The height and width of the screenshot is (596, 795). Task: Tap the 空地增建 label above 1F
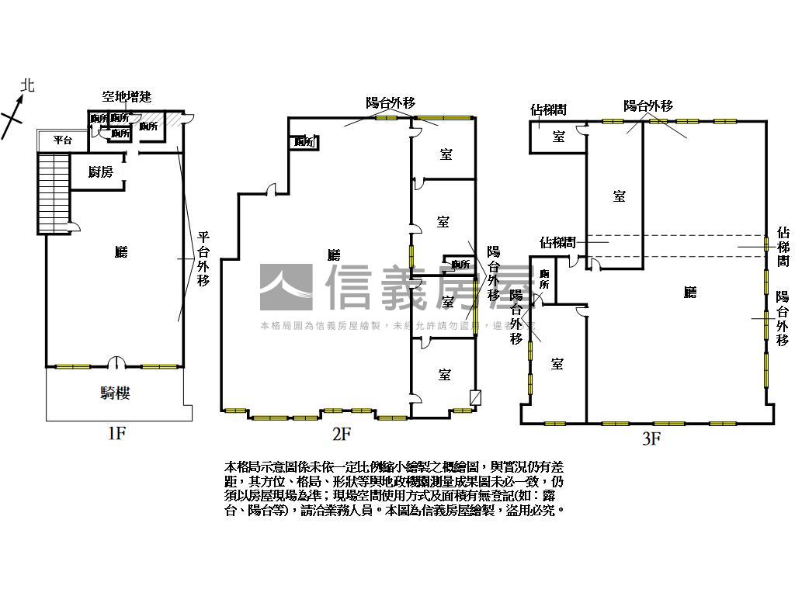[127, 97]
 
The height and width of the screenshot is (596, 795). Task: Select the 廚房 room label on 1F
[100, 172]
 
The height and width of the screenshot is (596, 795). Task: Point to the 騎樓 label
[115, 393]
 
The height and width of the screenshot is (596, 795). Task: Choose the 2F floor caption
[342, 433]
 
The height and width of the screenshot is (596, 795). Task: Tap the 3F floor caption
[651, 439]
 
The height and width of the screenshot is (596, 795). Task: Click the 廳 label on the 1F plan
[120, 251]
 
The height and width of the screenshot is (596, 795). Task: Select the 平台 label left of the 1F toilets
[63, 140]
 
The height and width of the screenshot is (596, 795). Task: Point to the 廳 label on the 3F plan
[689, 293]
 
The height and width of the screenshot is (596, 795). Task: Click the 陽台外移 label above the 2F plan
[391, 102]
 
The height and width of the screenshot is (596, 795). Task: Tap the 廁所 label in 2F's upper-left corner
[304, 142]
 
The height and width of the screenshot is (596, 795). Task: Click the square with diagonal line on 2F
[476, 397]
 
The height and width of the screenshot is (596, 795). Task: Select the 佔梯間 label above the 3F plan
[548, 110]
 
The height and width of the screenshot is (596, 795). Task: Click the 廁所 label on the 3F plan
[545, 279]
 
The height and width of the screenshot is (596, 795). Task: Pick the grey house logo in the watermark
[286, 288]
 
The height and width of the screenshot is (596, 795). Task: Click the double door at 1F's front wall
[116, 362]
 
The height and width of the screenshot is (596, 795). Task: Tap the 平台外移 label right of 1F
[203, 259]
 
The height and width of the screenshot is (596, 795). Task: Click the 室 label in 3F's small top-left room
[558, 137]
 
